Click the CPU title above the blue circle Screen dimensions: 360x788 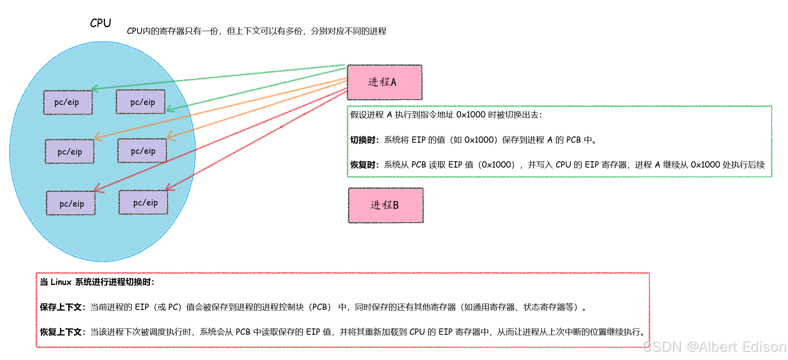tap(100, 23)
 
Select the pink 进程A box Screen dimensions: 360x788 tap(384, 82)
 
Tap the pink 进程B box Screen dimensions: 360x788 tap(385, 205)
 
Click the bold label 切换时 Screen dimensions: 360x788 tap(363, 140)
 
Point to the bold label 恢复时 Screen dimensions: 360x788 tap(363, 165)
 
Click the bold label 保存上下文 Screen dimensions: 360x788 tap(61, 307)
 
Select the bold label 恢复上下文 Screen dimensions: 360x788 tap(61, 332)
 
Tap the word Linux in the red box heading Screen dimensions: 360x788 tap(61, 282)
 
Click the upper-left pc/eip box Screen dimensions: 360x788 tap(68, 103)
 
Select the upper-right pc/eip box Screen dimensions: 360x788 tap(141, 102)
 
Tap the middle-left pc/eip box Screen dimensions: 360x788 tap(70, 151)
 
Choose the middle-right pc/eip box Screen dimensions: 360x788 tap(142, 151)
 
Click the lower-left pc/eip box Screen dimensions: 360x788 tap(71, 203)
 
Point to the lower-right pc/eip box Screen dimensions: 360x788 tap(144, 203)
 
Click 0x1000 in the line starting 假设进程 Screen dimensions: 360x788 tap(471, 115)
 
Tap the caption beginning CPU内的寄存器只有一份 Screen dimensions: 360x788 tap(256, 31)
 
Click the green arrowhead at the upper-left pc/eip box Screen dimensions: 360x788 tap(95, 88)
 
